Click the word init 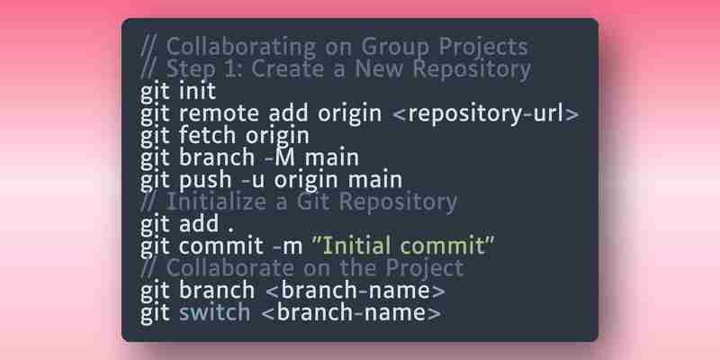coord(197,91)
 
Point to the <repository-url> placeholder coord(486,114)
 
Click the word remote coord(219,114)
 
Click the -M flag coord(281,157)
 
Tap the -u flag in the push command coord(253,180)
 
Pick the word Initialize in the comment coord(216,202)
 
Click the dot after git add coord(231,229)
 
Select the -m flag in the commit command coord(287,247)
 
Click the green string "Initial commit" coord(402,246)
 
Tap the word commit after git coord(221,247)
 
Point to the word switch coord(215,312)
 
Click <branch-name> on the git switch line coord(351,312)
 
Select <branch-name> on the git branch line coord(355,291)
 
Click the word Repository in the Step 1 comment coord(472,70)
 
